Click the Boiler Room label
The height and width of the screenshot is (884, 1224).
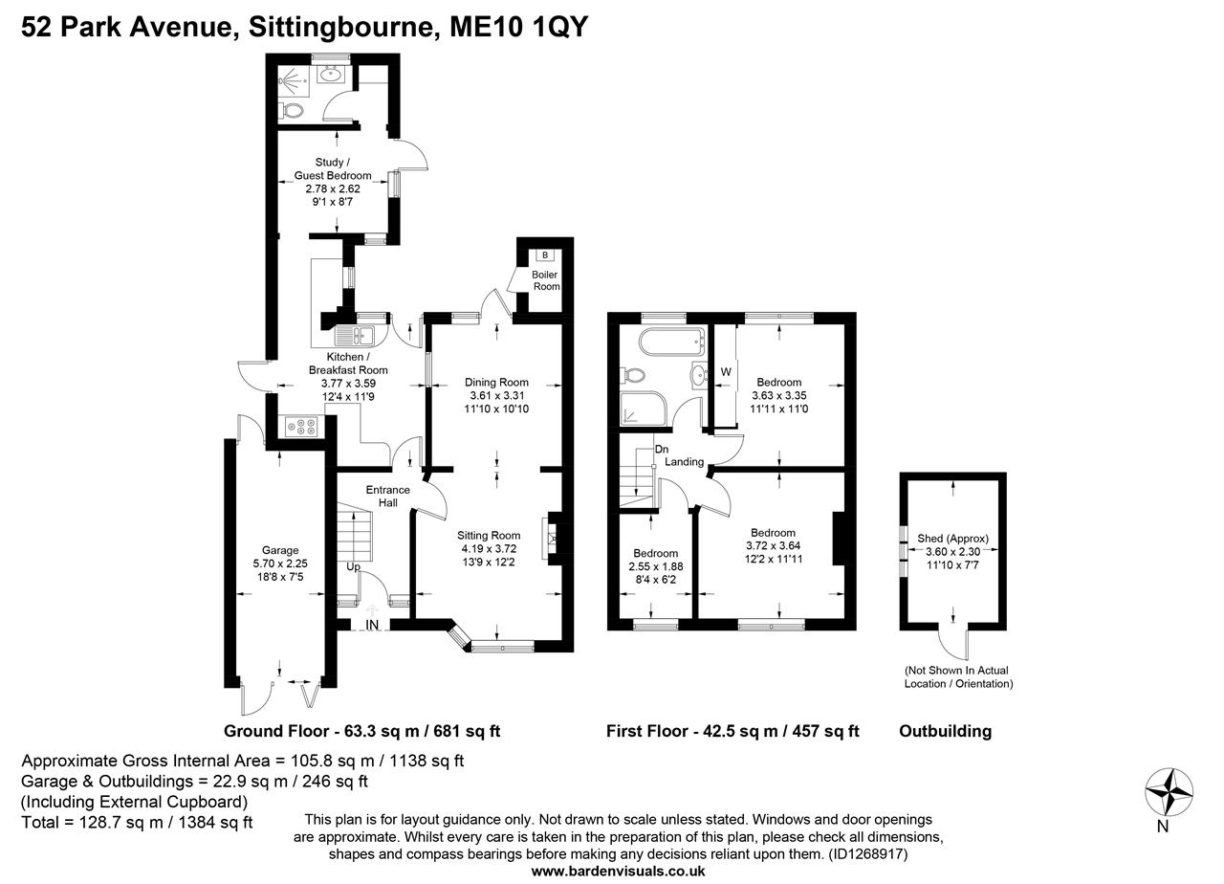pyautogui.click(x=546, y=280)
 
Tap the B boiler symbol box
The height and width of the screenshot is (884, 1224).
pyautogui.click(x=545, y=255)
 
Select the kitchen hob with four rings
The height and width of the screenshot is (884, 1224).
pyautogui.click(x=302, y=425)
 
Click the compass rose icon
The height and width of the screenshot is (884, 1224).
pyautogui.click(x=1169, y=791)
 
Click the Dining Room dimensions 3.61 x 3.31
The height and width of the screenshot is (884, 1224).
pyautogui.click(x=496, y=395)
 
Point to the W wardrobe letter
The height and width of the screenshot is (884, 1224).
pyautogui.click(x=725, y=372)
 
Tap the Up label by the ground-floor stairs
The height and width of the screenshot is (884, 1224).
pyautogui.click(x=354, y=566)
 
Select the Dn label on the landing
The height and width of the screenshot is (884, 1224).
pyautogui.click(x=661, y=449)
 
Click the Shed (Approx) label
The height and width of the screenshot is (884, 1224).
pyautogui.click(x=952, y=538)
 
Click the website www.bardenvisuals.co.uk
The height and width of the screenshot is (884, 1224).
pyautogui.click(x=618, y=872)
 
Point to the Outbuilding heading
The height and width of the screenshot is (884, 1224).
pyautogui.click(x=945, y=731)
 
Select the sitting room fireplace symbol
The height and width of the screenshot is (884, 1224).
pyautogui.click(x=551, y=537)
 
